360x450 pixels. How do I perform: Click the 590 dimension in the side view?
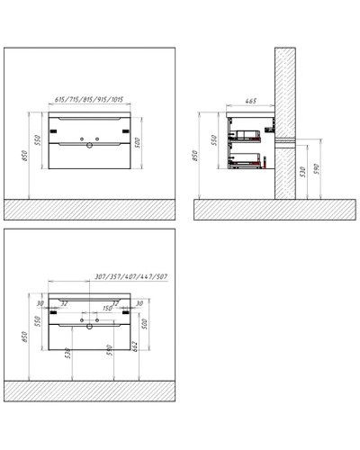[317, 172]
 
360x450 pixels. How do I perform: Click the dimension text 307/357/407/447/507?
[118, 278]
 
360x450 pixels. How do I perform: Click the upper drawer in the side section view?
[249, 133]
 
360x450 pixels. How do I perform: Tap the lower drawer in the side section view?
[250, 161]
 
